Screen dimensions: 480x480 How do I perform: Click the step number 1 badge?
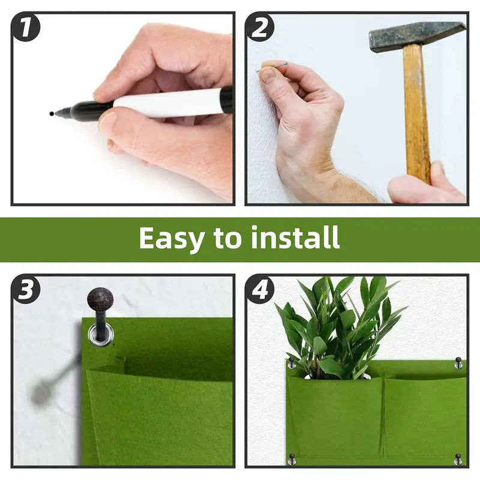click(26, 28)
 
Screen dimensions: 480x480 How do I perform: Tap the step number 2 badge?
click(260, 28)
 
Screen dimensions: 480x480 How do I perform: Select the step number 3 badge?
click(26, 290)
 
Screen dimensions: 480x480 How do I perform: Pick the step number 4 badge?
click(260, 290)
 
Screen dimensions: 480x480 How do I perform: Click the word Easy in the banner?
click(171, 238)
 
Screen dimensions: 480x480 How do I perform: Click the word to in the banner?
click(227, 239)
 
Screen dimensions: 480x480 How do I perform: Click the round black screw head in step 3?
click(100, 299)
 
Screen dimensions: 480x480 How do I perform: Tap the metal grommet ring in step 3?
click(100, 334)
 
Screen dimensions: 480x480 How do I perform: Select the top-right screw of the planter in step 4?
click(458, 363)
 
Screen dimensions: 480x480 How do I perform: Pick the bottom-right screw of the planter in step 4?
click(458, 460)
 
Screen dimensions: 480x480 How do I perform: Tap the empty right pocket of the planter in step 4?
click(423, 414)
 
